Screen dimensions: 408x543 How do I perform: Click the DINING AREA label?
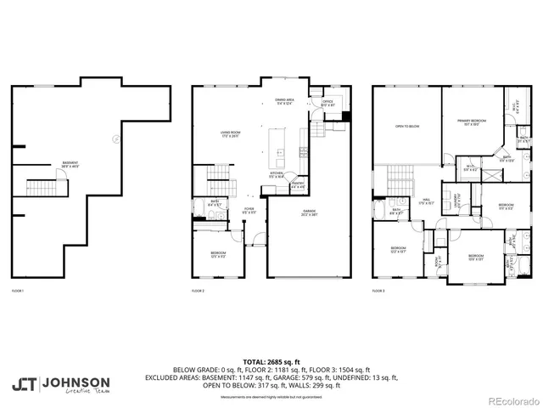pyautogui.click(x=284, y=102)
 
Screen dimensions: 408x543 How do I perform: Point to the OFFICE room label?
pyautogui.click(x=327, y=102)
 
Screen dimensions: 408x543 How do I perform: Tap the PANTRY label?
pyautogui.click(x=298, y=184)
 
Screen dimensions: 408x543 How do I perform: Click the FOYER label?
pyautogui.click(x=249, y=209)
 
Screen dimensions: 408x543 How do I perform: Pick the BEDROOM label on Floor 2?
pyautogui.click(x=218, y=255)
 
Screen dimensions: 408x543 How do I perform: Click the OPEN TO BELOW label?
pyautogui.click(x=406, y=126)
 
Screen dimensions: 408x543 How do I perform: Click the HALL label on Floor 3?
pyautogui.click(x=427, y=202)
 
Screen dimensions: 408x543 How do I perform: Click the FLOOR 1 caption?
pyautogui.click(x=18, y=292)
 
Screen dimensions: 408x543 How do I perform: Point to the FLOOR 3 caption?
pyautogui.click(x=378, y=292)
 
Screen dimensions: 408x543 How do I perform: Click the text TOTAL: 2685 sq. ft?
pyautogui.click(x=271, y=361)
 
